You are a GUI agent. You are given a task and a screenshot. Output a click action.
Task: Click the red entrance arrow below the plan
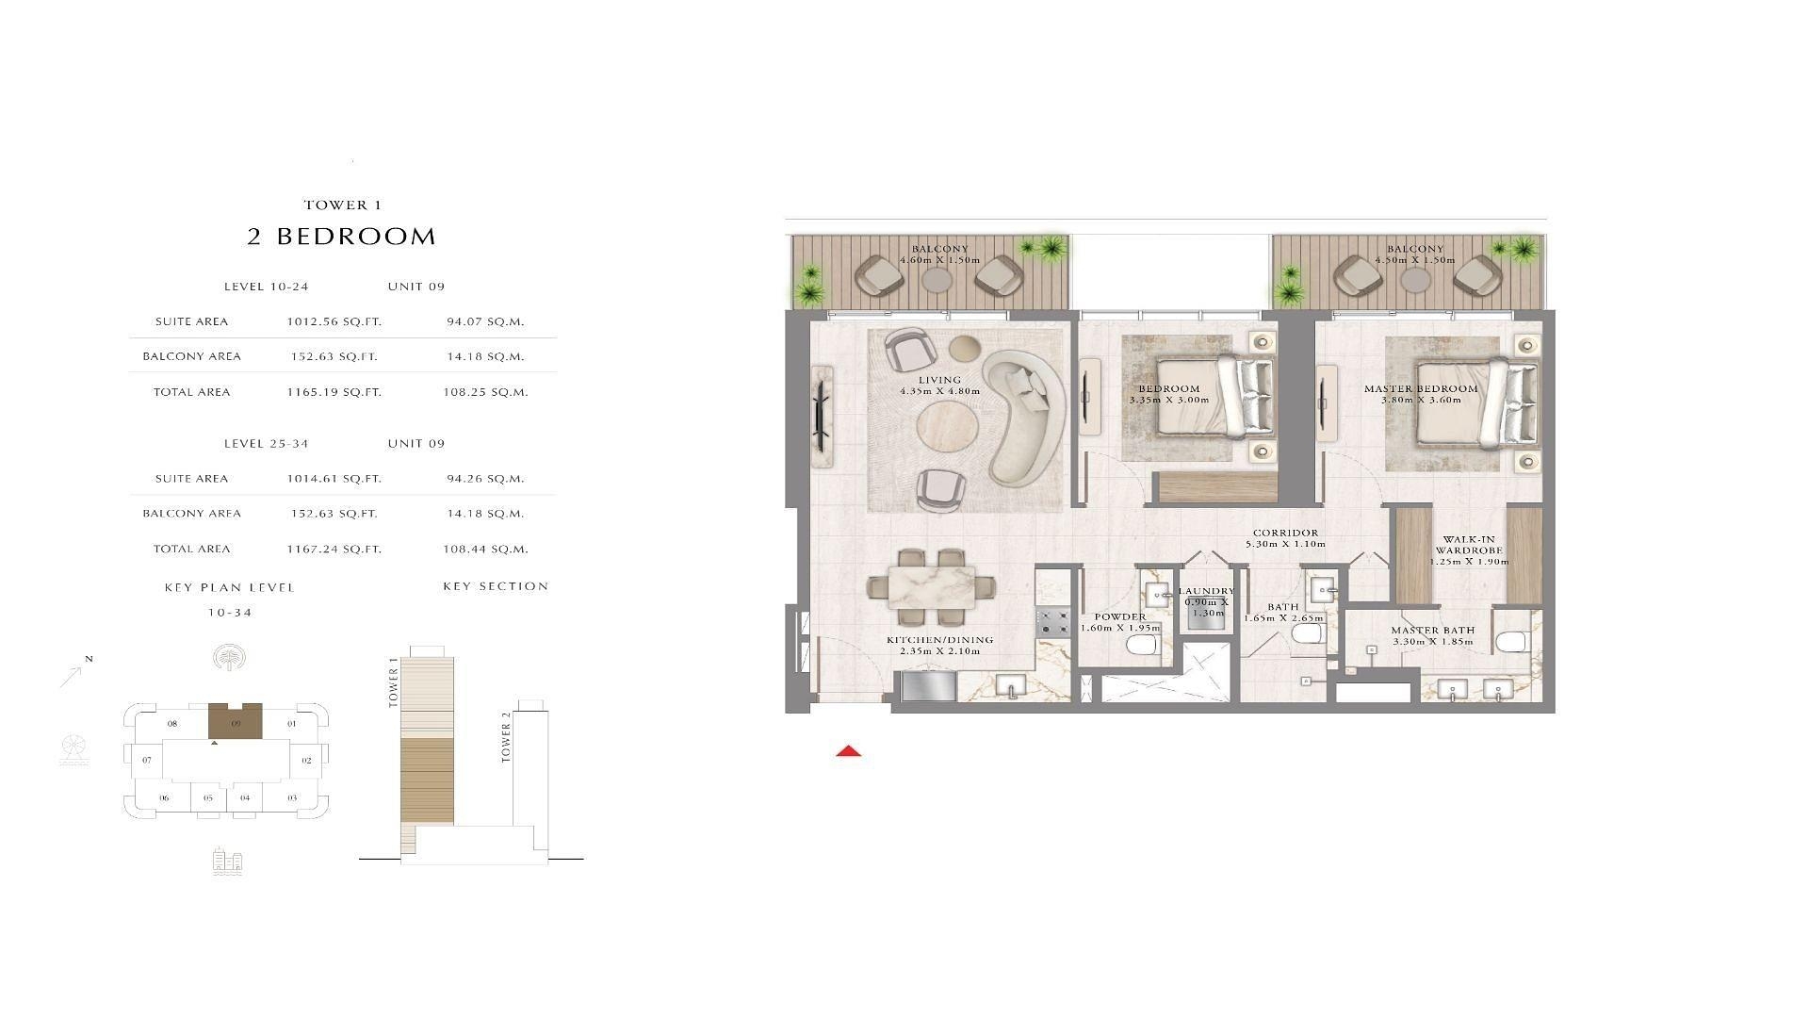(x=848, y=751)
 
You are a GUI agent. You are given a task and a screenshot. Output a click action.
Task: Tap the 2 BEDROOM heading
(x=342, y=237)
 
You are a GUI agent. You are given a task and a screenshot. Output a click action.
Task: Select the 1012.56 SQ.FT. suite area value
(x=334, y=321)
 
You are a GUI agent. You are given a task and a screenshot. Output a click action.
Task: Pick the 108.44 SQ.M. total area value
(x=485, y=549)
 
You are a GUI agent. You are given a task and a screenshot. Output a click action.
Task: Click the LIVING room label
(x=939, y=380)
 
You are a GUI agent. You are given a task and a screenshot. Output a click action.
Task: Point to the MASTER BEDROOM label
(x=1421, y=388)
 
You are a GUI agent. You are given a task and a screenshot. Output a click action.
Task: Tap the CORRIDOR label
(x=1285, y=533)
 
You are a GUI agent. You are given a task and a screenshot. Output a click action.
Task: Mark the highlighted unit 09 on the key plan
(x=235, y=722)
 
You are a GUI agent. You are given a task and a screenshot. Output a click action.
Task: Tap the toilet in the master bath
(x=1509, y=643)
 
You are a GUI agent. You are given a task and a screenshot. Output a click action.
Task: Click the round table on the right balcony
(x=1415, y=279)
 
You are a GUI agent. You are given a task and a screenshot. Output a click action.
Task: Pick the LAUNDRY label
(x=1206, y=591)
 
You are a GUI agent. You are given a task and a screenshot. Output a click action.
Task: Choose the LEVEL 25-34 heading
(x=266, y=443)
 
